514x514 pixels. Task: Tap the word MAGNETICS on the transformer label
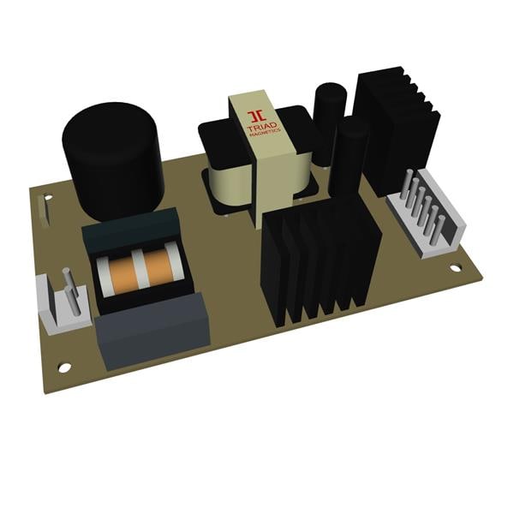point(260,134)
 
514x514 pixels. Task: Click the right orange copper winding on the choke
point(159,267)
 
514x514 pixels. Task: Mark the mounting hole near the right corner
point(456,267)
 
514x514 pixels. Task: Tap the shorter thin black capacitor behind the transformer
point(326,120)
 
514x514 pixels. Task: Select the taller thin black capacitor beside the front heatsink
point(349,158)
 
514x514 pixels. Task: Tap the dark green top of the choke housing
point(128,228)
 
